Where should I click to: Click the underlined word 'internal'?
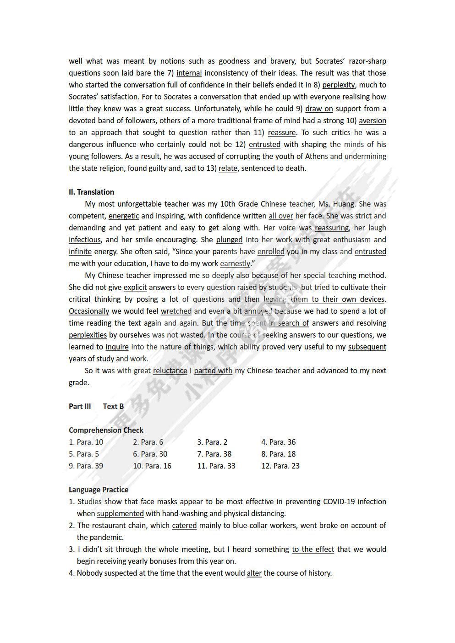pos(189,73)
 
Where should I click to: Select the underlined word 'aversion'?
pos(372,120)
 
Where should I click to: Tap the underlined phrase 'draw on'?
pos(319,109)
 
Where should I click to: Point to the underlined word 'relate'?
pos(228,168)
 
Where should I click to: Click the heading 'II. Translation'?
pos(91,192)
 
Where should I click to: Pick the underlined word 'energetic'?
pos(124,216)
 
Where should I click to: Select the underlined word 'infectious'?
pos(85,240)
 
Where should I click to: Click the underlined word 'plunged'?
pos(229,240)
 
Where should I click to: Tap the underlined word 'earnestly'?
pos(235,263)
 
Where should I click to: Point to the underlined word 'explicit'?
pos(135,287)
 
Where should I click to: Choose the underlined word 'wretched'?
pos(176,311)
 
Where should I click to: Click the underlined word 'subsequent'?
pos(367,347)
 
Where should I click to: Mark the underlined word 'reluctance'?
pos(170,371)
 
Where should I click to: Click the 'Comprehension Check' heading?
pos(106,430)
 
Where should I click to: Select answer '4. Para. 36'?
pos(278,442)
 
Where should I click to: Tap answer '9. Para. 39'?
pos(86,466)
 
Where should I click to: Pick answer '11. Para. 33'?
pos(216,466)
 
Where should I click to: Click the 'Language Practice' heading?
pos(99,490)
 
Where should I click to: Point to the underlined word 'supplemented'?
pos(120,513)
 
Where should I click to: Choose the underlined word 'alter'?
pos(254,573)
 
